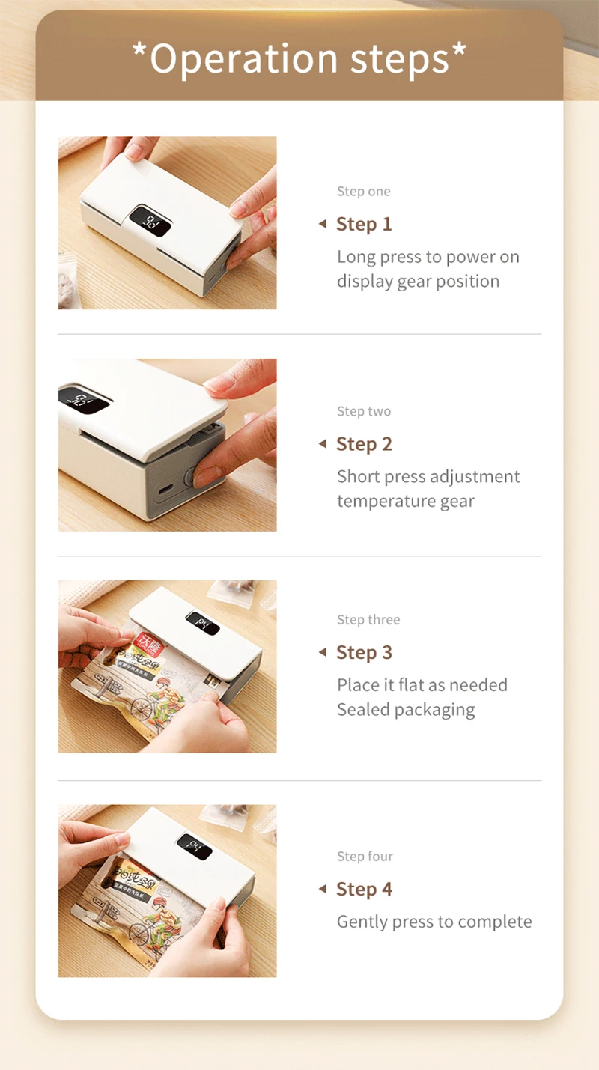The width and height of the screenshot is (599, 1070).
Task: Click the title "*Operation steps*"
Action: (x=299, y=58)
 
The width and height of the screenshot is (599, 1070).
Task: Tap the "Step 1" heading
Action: (x=364, y=224)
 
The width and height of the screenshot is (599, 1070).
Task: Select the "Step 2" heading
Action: (x=364, y=444)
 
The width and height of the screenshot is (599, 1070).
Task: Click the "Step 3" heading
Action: (x=364, y=652)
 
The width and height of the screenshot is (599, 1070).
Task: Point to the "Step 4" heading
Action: (x=364, y=889)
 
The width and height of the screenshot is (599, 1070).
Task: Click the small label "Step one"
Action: (x=364, y=192)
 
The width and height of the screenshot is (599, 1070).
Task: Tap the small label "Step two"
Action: (x=364, y=411)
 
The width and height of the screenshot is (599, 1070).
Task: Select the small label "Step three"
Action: (x=369, y=619)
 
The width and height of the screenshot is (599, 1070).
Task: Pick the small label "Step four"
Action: (x=365, y=856)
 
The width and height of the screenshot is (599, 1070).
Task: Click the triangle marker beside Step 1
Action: (x=323, y=224)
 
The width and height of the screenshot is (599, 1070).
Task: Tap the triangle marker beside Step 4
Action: (x=323, y=889)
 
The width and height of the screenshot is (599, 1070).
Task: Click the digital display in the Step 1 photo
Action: (x=150, y=221)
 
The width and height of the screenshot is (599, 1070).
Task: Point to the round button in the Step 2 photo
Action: (x=189, y=476)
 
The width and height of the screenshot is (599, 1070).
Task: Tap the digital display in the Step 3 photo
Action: (x=202, y=623)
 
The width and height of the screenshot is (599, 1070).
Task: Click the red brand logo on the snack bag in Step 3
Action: (x=149, y=644)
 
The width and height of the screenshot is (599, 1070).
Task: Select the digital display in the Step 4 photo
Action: (x=194, y=846)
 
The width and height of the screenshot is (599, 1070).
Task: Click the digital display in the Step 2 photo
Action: (x=84, y=399)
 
